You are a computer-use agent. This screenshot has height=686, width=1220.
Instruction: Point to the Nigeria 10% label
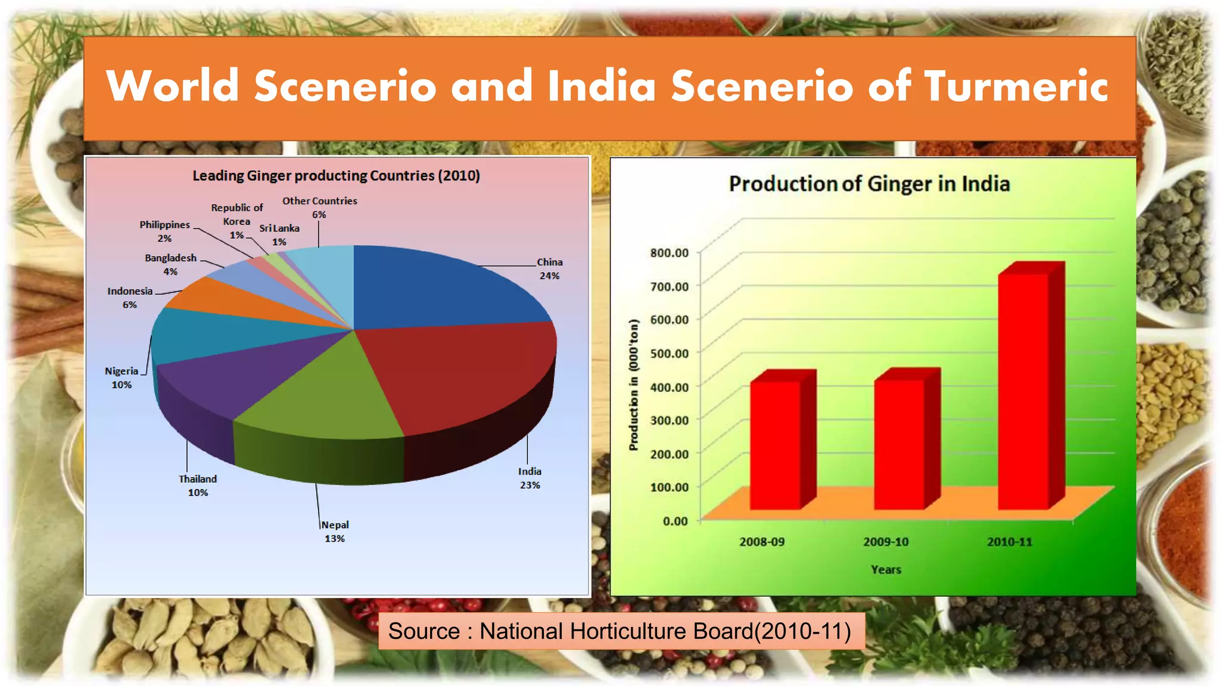click(x=122, y=378)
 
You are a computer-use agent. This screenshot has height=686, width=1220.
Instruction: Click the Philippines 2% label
click(x=164, y=231)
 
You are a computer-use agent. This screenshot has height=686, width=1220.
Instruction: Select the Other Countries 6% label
click(x=319, y=207)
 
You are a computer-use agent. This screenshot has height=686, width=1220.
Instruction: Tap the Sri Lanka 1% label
click(x=279, y=235)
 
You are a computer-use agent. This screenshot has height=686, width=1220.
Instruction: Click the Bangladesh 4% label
click(x=170, y=264)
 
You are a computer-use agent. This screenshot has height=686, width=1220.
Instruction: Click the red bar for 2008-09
click(x=775, y=444)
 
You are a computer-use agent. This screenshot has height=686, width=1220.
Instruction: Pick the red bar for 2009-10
click(x=899, y=444)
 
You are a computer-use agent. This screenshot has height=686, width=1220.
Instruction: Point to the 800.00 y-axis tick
click(x=669, y=253)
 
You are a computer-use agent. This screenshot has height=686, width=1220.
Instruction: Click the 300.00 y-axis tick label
click(x=669, y=420)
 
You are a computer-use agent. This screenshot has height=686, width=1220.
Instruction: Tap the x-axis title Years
click(x=885, y=570)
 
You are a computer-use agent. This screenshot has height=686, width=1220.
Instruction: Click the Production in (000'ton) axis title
click(x=634, y=385)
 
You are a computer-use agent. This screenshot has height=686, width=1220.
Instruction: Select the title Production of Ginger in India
click(x=869, y=184)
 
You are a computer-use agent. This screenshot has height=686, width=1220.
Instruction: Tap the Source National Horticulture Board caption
click(x=620, y=631)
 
